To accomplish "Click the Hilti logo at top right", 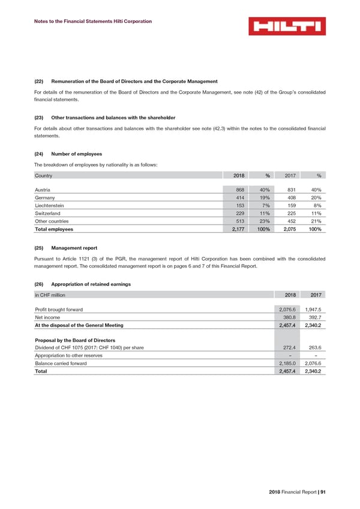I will coord(287,26).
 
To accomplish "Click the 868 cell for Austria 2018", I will coord(238,190).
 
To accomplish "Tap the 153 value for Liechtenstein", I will coord(238,205).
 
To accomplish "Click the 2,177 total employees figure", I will coord(236,229).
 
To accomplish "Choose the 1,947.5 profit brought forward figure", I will coord(313,310).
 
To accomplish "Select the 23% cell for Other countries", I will coord(265,221).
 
